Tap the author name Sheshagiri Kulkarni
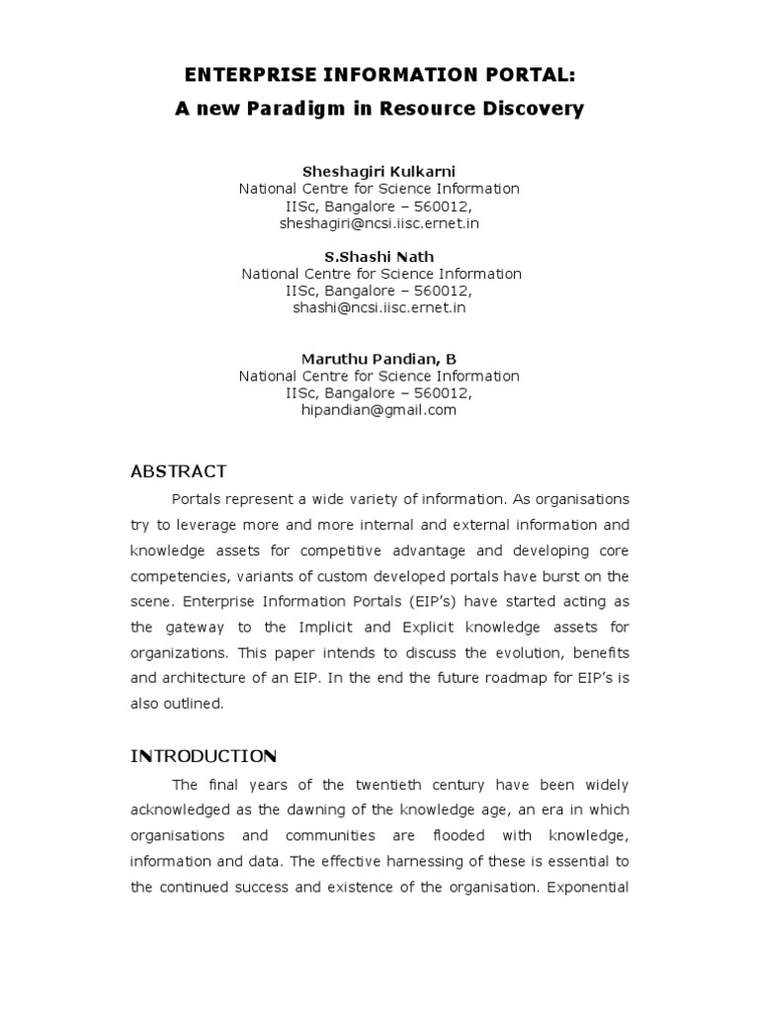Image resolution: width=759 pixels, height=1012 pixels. pyautogui.click(x=379, y=171)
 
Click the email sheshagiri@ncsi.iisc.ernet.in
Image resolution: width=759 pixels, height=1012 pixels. pyautogui.click(x=379, y=223)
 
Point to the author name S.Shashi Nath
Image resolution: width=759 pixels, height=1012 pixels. pyautogui.click(x=379, y=257)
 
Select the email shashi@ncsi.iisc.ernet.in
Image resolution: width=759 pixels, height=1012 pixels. pyautogui.click(x=379, y=308)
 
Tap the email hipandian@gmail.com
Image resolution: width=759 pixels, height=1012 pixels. pyautogui.click(x=379, y=411)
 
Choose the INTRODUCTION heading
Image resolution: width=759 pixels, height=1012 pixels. pyautogui.click(x=204, y=757)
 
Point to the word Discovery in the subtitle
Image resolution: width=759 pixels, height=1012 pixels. pyautogui.click(x=534, y=109)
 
